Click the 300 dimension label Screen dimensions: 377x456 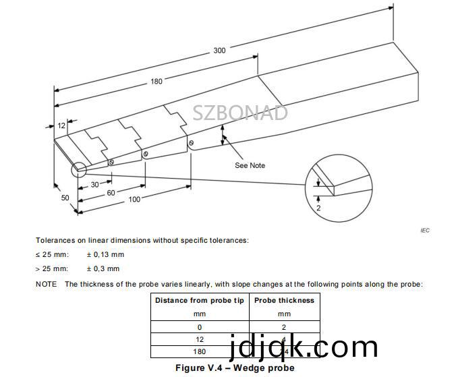coord(220,50)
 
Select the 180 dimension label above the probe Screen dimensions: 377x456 coord(156,82)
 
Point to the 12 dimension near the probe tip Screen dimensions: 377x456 coord(61,125)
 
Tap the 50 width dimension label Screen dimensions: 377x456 coord(65,198)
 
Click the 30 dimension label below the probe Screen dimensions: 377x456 coord(95,185)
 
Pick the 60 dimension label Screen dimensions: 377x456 coord(111,192)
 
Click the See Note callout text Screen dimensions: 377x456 coord(250,165)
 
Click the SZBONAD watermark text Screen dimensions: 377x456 coord(240,113)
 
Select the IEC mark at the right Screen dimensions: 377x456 coord(424,231)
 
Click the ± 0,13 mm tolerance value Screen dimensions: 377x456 coord(105,254)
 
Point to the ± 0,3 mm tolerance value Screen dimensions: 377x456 coord(103,268)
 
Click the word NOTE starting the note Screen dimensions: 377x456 coord(46,284)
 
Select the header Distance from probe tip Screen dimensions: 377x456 coord(200,300)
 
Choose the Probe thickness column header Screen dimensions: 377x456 coord(284,300)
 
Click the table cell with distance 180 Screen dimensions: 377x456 coord(200,351)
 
